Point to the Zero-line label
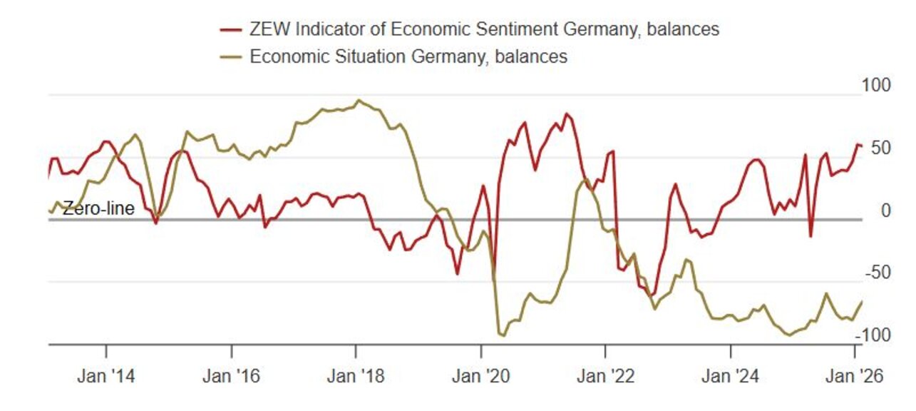[98, 209]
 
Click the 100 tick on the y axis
[876, 86]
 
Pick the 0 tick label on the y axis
[886, 210]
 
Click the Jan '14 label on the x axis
[106, 376]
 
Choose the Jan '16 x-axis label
[231, 376]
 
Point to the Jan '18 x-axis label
[355, 376]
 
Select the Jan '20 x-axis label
[480, 376]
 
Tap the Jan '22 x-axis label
[604, 376]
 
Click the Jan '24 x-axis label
[730, 376]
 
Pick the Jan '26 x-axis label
[855, 376]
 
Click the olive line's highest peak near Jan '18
[358, 100]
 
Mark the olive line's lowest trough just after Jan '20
[503, 335]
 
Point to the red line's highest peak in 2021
[567, 113]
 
